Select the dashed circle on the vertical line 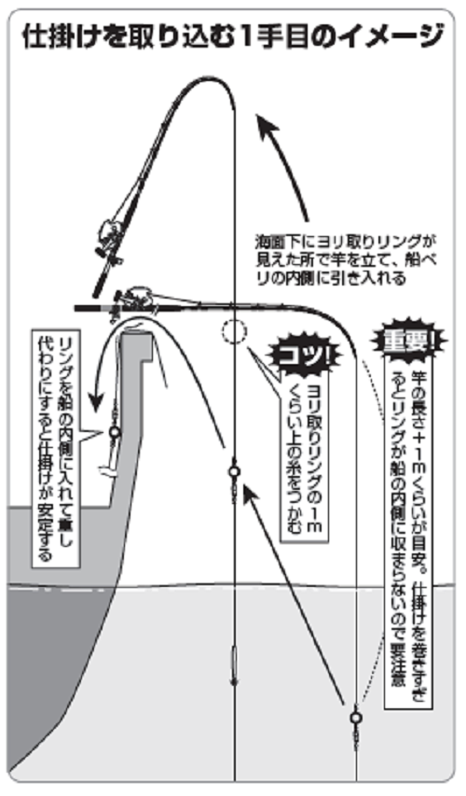click(234, 330)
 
